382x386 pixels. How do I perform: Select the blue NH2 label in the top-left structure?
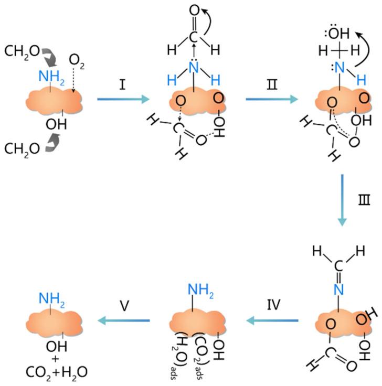51,77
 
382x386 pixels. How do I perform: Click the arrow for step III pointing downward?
342,200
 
